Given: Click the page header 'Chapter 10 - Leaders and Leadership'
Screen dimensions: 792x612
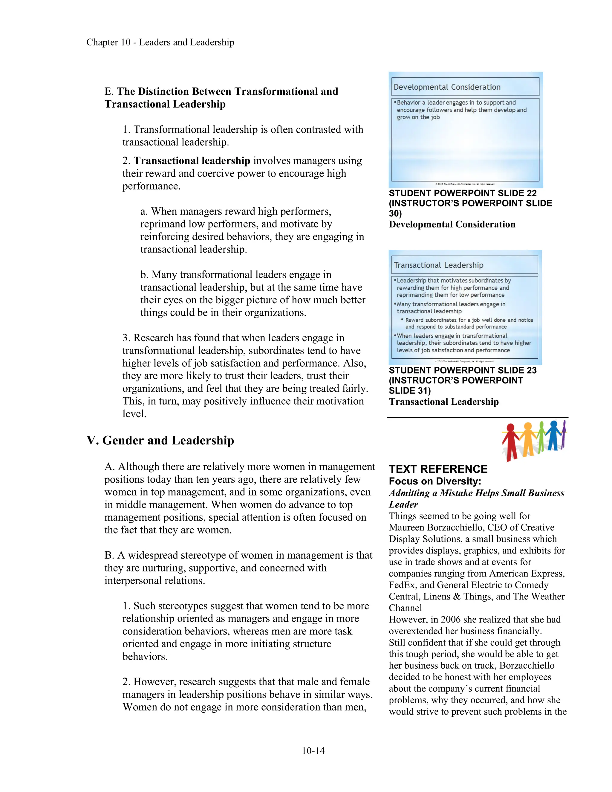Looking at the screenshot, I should pos(160,42).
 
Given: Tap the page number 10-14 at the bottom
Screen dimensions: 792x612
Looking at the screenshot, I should pos(313,751).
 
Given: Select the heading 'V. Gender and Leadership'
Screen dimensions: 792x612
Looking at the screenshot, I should pos(160,440).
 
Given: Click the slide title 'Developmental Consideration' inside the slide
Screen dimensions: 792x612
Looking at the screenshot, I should pos(447,87).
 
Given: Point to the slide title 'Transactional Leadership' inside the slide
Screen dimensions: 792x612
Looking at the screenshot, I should pos(438,265).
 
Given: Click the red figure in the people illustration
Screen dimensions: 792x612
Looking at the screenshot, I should pos(510,441).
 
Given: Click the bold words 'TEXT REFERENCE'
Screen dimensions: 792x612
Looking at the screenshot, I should pos(438,469).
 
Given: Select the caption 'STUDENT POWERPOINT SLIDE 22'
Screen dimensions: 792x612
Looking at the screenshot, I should pos(463,193).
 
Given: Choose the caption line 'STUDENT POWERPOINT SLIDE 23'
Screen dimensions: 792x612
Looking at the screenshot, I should pos(463,370).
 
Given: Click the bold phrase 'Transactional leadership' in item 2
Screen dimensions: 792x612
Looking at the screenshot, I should pos(192,161).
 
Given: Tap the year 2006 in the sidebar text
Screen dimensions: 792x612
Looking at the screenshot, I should pos(450,619).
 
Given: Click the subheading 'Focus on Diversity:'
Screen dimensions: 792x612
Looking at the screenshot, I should pos(435,481).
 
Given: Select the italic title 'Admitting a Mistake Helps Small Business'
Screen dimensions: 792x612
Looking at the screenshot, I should pos(476,493).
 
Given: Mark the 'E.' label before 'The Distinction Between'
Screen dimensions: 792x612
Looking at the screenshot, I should pos(109,91).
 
